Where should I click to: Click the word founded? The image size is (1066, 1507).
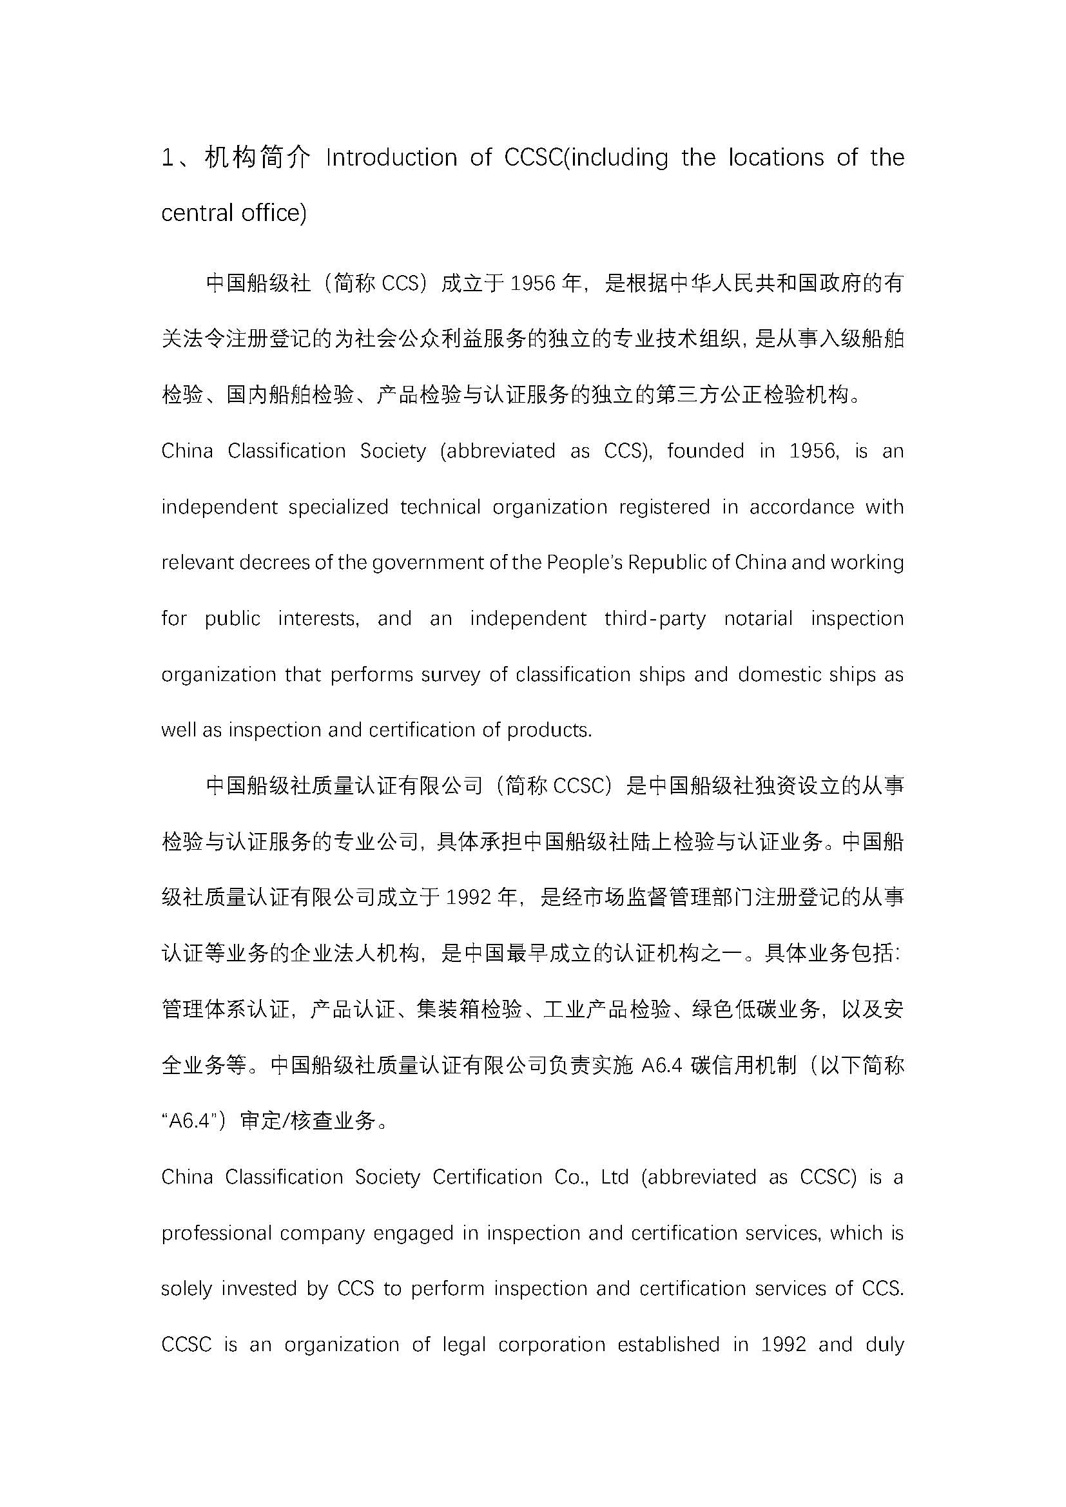click(x=705, y=451)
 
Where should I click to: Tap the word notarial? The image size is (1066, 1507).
click(x=758, y=619)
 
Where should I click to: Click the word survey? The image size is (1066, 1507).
click(x=451, y=675)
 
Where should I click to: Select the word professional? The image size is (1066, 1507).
click(x=216, y=1233)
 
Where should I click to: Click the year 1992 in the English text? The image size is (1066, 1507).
click(x=783, y=1344)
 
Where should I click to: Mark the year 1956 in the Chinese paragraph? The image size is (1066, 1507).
click(x=533, y=283)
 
